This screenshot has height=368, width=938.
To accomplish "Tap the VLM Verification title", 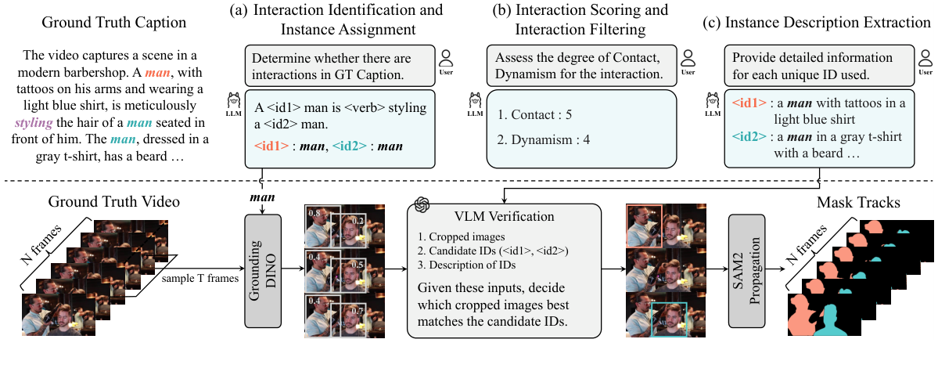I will click(x=504, y=217).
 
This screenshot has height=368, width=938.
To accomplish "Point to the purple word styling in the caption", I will click(x=34, y=124).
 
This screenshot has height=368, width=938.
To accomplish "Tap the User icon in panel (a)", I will click(x=446, y=59).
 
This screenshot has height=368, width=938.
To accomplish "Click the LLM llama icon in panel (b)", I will click(x=474, y=102).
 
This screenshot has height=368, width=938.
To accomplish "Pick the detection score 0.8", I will click(x=313, y=213).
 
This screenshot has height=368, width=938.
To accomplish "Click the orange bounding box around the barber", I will click(x=644, y=225).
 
